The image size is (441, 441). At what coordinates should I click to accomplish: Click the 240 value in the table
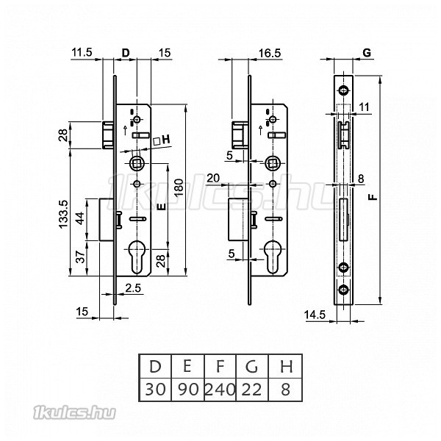click(220, 390)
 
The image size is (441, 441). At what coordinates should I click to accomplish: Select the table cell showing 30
click(155, 390)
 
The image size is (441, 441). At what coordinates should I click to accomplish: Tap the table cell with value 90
click(188, 390)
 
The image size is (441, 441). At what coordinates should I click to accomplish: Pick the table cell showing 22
click(252, 390)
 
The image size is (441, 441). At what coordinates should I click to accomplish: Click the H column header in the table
click(286, 367)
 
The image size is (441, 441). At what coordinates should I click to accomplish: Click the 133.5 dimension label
click(63, 215)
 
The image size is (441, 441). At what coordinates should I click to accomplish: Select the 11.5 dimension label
click(82, 52)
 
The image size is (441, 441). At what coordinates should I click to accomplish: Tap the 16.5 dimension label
click(270, 53)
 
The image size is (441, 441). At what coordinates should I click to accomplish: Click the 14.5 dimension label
click(315, 315)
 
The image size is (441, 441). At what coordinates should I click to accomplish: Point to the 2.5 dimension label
click(133, 288)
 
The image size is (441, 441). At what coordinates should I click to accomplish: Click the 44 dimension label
click(80, 218)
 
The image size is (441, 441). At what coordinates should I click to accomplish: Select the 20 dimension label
click(213, 178)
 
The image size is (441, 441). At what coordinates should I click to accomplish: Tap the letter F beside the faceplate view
click(373, 196)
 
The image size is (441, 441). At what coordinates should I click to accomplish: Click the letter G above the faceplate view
click(367, 53)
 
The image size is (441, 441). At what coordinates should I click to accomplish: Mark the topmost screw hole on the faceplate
click(343, 90)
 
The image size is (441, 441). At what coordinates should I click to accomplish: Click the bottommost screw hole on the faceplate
click(343, 290)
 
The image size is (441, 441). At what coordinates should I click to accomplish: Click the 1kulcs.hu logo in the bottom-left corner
click(74, 413)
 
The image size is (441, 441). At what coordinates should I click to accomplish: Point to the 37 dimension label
click(81, 257)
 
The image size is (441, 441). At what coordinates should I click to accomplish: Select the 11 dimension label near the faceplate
click(365, 107)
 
